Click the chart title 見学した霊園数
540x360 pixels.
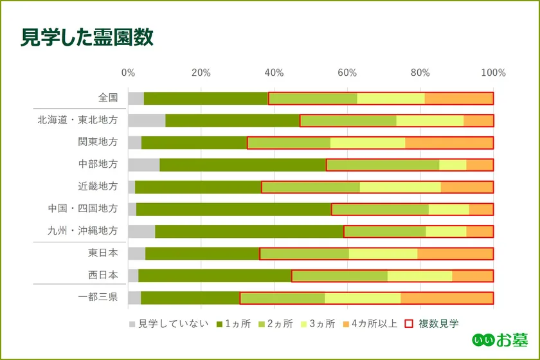click(x=87, y=38)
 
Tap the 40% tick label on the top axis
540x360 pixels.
click(x=274, y=73)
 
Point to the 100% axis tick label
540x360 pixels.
click(x=493, y=73)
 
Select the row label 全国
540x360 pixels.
click(x=108, y=98)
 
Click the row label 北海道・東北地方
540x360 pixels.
click(x=77, y=120)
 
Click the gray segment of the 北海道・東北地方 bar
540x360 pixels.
click(x=147, y=120)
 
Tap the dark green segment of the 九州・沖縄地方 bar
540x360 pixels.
click(x=249, y=231)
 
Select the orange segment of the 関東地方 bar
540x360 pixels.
click(x=449, y=143)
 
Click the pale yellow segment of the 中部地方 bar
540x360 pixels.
click(x=453, y=165)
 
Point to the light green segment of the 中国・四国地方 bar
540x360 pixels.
click(x=380, y=209)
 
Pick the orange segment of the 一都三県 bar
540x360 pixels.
click(x=447, y=298)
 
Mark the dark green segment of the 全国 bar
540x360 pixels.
click(x=206, y=98)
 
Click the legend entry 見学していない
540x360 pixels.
click(x=168, y=323)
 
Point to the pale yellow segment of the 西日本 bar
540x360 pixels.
click(x=419, y=276)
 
